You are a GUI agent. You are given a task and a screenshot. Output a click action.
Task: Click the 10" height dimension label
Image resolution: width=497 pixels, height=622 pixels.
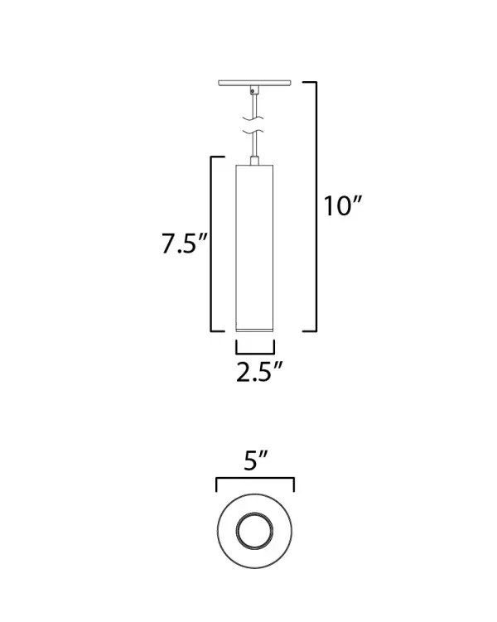pyautogui.click(x=344, y=206)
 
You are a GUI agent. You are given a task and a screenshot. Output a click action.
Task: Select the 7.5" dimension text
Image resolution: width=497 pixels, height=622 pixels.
pyautogui.click(x=183, y=244)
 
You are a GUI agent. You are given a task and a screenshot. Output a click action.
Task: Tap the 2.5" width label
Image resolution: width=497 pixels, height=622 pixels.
pyautogui.click(x=254, y=372)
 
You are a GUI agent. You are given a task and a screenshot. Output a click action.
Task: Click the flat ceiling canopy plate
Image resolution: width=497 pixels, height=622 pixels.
pyautogui.click(x=255, y=83)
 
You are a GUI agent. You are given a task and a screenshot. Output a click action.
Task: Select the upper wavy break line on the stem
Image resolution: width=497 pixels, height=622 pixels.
pyautogui.click(x=254, y=118)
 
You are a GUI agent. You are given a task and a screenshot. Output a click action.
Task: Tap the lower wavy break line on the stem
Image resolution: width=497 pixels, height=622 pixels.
pyautogui.click(x=254, y=133)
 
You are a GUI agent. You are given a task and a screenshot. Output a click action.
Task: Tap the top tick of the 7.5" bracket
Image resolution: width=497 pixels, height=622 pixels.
pyautogui.click(x=217, y=157)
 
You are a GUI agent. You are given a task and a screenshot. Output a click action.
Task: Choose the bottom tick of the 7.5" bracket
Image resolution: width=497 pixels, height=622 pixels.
pyautogui.click(x=217, y=330)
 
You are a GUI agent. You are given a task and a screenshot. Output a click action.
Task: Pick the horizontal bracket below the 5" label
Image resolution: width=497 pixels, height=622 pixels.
pyautogui.click(x=254, y=480)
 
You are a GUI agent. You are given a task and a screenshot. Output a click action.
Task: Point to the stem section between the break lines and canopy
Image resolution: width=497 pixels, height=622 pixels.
pyautogui.click(x=254, y=103)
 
